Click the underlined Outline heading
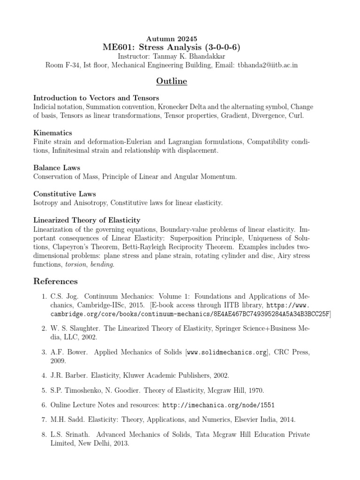click(x=171, y=82)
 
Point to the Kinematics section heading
click(x=52, y=133)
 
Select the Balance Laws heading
click(x=57, y=167)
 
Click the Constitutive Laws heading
click(x=64, y=194)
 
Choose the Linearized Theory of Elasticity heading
click(x=87, y=220)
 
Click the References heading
click(x=55, y=281)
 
